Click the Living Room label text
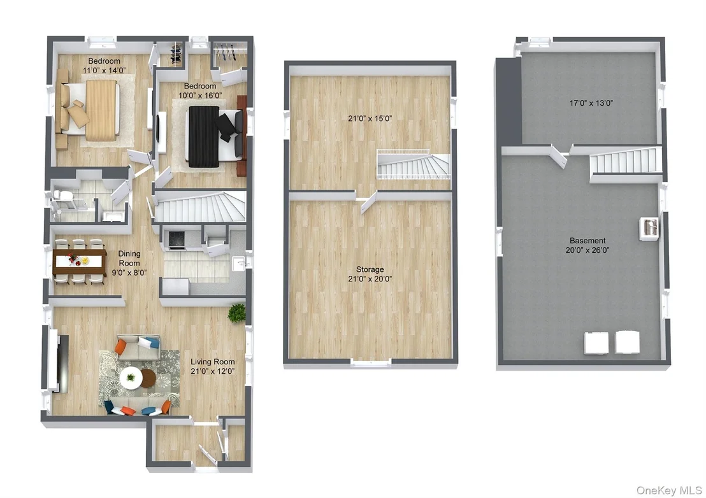pyautogui.click(x=213, y=361)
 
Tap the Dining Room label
pyautogui.click(x=129, y=258)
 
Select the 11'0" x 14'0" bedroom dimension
pyautogui.click(x=104, y=70)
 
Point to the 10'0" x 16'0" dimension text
pyautogui.click(x=200, y=96)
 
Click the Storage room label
pyautogui.click(x=370, y=269)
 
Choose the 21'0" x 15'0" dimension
pyautogui.click(x=370, y=118)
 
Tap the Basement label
pyautogui.click(x=587, y=240)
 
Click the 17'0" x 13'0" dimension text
pyautogui.click(x=591, y=103)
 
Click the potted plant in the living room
pyautogui.click(x=237, y=313)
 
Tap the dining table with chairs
pyautogui.click(x=79, y=261)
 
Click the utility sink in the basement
pyautogui.click(x=649, y=227)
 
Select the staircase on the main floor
pyautogui.click(x=200, y=207)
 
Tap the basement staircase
pyautogui.click(x=626, y=162)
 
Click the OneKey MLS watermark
pyautogui.click(x=668, y=490)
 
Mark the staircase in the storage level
pyautogui.click(x=414, y=165)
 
